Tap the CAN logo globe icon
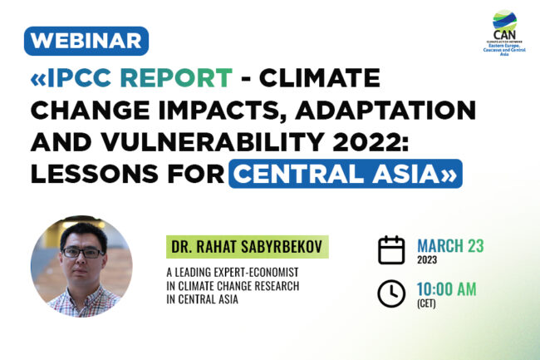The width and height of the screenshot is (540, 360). coord(503,19)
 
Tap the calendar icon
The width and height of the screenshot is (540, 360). coord(391,249)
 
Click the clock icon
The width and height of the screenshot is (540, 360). coord(391,293)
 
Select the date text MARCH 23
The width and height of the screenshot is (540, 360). coord(450,245)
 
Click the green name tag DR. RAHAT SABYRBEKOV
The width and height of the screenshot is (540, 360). coord(246,246)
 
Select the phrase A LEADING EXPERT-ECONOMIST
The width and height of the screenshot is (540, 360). coord(230,272)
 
